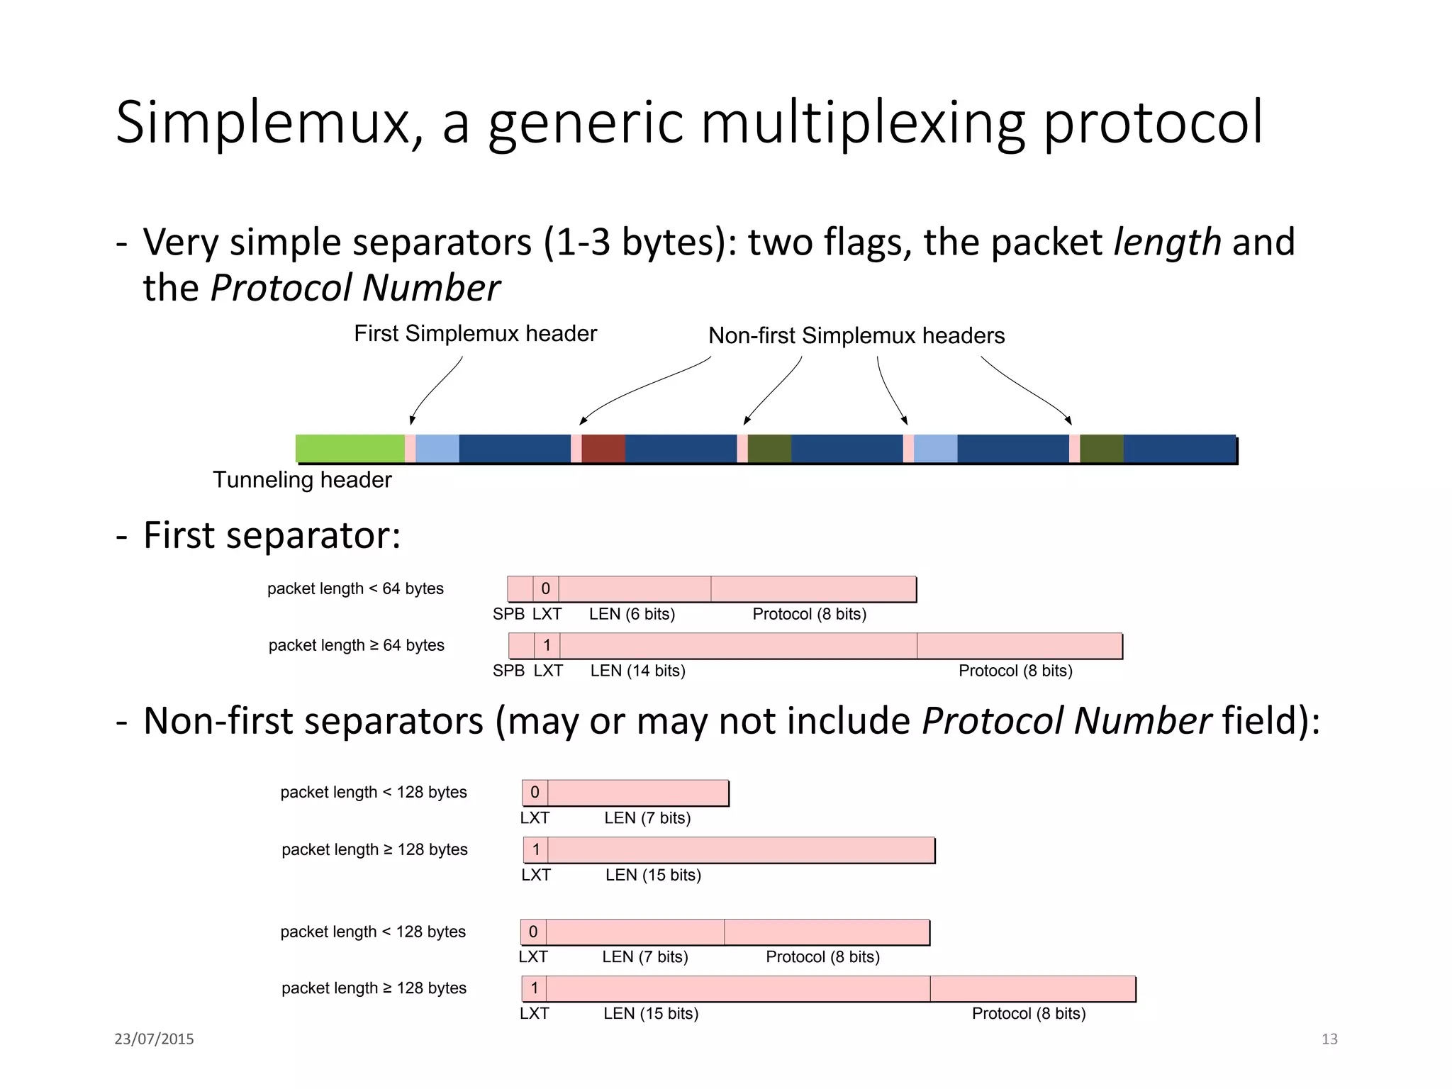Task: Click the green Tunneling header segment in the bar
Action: click(x=350, y=448)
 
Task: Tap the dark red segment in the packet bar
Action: click(x=603, y=448)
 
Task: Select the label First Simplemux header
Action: click(x=475, y=333)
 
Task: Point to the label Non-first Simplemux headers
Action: click(x=856, y=335)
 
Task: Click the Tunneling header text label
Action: click(x=302, y=480)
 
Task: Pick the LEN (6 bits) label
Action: click(x=632, y=614)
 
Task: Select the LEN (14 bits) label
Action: click(x=637, y=671)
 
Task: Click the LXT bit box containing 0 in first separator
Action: click(x=545, y=588)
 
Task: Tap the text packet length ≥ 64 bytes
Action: click(x=356, y=645)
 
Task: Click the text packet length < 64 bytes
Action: click(x=355, y=588)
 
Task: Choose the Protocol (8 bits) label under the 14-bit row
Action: click(x=1015, y=671)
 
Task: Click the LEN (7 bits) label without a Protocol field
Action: click(x=647, y=818)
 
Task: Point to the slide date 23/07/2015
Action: click(x=154, y=1039)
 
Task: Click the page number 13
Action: click(x=1329, y=1039)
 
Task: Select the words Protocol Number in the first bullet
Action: click(x=355, y=288)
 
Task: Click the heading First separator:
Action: click(x=272, y=535)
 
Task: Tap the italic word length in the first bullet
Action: click(x=1167, y=242)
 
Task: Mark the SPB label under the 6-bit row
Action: click(x=508, y=614)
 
